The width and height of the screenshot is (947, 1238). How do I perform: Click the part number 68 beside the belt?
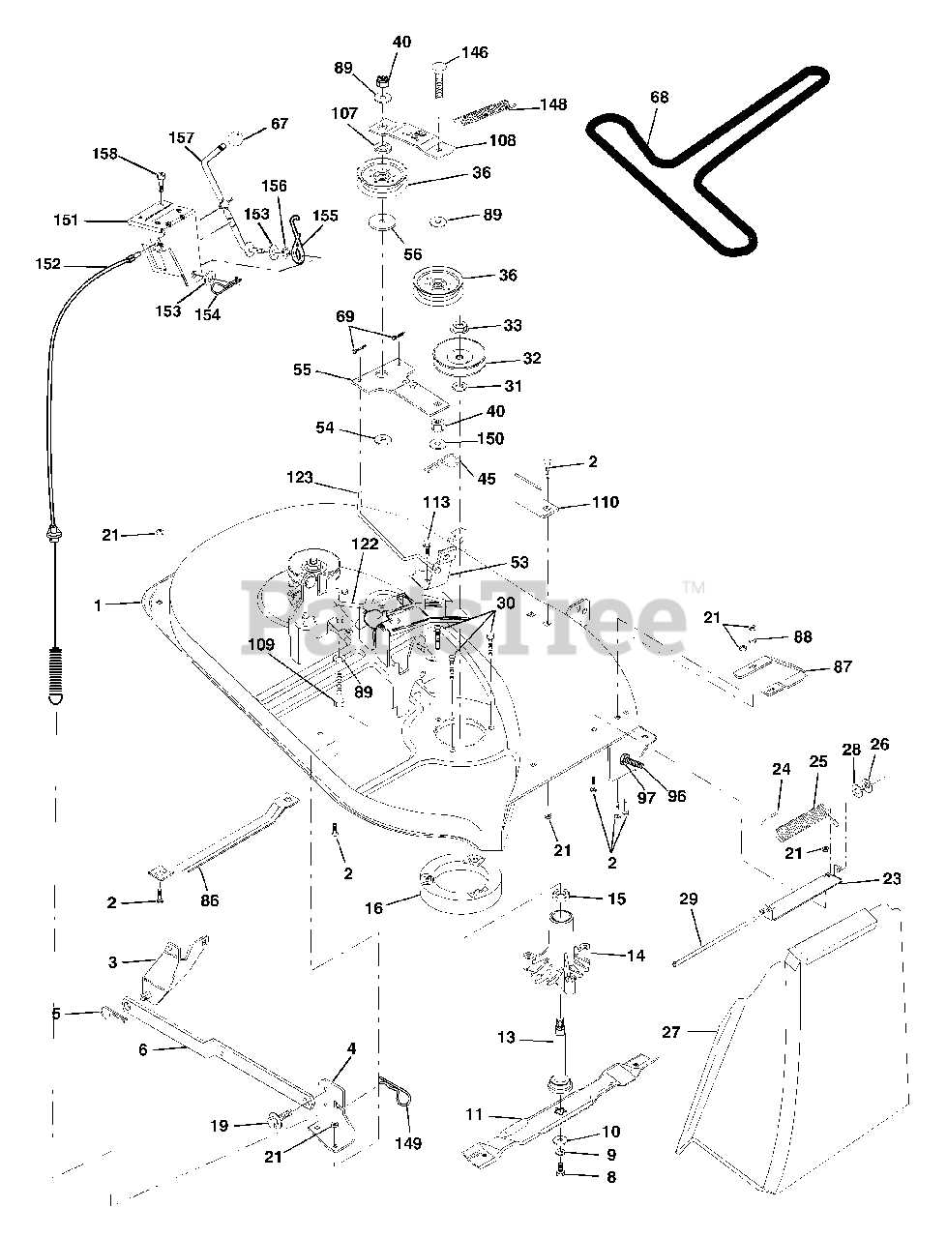click(x=659, y=98)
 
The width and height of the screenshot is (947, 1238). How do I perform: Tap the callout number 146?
click(x=474, y=52)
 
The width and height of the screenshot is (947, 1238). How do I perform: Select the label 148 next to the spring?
click(x=553, y=104)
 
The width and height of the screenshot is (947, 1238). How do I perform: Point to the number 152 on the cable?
click(x=48, y=263)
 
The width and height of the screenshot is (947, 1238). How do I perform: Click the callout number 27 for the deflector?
click(x=671, y=1032)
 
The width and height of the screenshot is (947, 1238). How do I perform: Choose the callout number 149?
click(x=408, y=1143)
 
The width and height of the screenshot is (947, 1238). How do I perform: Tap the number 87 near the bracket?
click(x=843, y=666)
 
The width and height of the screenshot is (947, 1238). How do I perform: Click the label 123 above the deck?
click(x=300, y=477)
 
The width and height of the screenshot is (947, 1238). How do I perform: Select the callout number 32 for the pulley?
click(x=532, y=358)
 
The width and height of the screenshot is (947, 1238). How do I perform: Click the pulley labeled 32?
click(x=460, y=356)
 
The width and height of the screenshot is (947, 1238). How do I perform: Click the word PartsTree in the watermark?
click(x=463, y=619)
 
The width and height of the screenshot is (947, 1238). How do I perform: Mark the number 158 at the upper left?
click(x=104, y=154)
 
